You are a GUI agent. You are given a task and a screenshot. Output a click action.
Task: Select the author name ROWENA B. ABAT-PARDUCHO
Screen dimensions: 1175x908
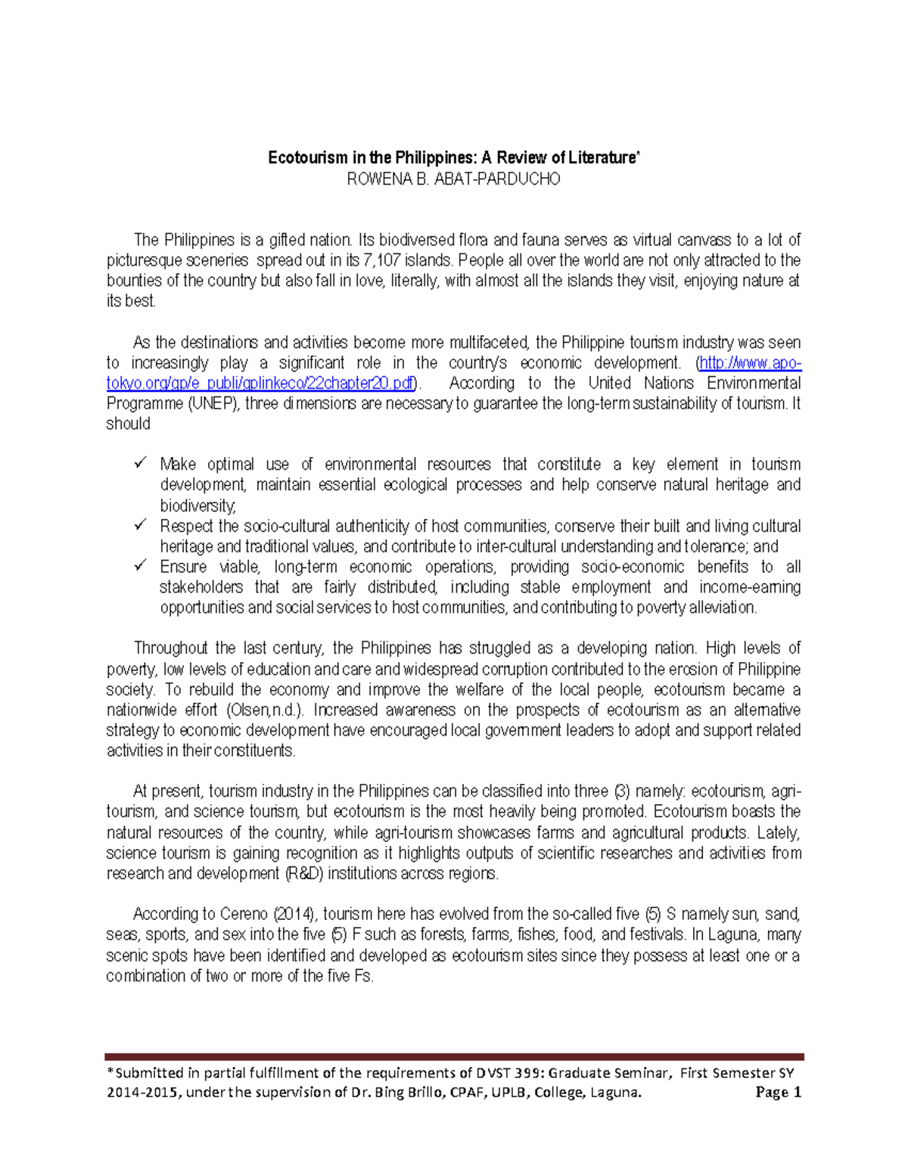click(453, 179)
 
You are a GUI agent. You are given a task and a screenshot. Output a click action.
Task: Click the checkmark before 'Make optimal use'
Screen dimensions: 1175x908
click(140, 462)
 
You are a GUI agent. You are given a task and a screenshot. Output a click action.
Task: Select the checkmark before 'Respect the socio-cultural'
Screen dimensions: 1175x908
click(140, 524)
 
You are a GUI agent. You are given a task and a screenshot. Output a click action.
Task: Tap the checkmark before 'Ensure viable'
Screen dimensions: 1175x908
click(140, 565)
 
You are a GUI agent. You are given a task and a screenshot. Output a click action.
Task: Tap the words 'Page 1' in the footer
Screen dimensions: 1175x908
click(779, 1093)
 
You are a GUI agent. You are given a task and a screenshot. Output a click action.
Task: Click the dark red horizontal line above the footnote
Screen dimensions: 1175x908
click(454, 1056)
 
